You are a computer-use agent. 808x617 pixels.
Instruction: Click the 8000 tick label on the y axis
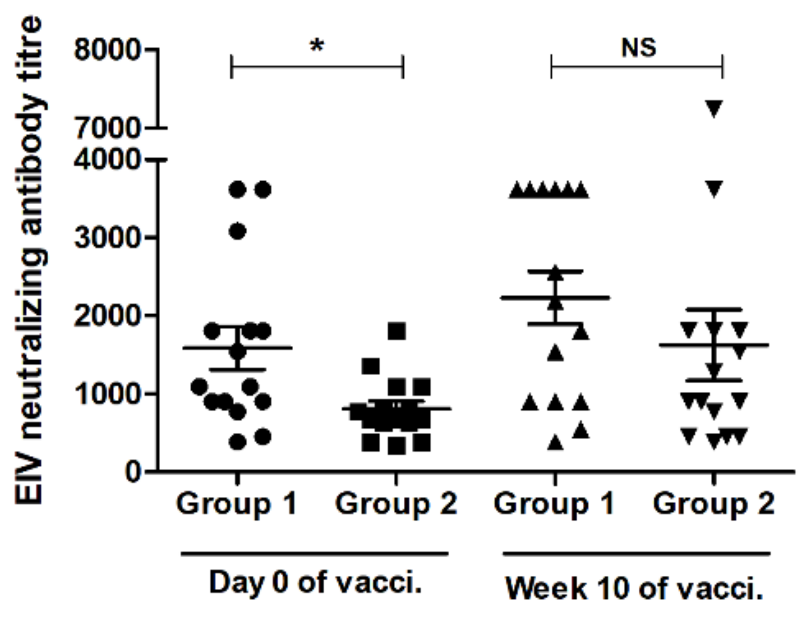[x=108, y=50]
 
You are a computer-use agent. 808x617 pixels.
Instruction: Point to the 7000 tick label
[x=108, y=128]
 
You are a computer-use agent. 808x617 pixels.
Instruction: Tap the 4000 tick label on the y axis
[x=108, y=159]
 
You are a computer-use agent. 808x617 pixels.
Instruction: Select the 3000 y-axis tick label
[x=108, y=238]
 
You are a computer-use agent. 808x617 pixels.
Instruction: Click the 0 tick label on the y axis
[x=134, y=472]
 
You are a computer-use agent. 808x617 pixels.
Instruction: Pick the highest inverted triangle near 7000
[x=714, y=109]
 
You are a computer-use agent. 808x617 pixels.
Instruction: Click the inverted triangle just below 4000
[x=714, y=188]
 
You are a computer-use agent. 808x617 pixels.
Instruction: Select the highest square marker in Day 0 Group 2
[x=397, y=331]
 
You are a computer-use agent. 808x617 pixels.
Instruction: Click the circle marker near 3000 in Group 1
[x=238, y=232]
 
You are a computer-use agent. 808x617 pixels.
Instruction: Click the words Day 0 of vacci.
[x=315, y=583]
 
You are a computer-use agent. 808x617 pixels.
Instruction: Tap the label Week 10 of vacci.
[x=634, y=588]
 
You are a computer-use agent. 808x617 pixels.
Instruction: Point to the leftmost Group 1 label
[x=236, y=504]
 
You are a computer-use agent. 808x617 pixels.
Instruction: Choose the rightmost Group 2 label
[x=713, y=504]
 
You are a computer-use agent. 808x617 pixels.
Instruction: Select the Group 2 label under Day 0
[x=396, y=504]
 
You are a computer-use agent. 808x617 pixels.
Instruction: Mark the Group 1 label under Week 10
[x=554, y=504]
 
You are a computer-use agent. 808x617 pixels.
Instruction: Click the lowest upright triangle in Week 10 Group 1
[x=555, y=443]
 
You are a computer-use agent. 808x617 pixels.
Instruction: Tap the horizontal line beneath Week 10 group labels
[x=636, y=554]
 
